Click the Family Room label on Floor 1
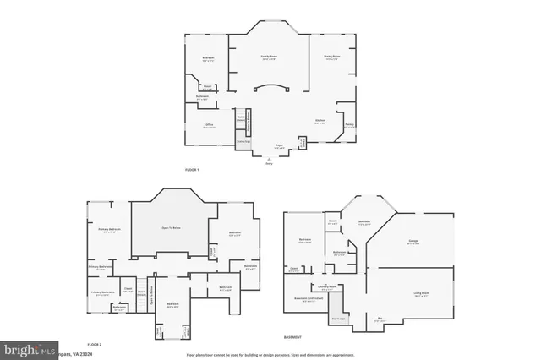pos(269,57)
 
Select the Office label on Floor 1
pos(208,125)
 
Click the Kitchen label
pos(321,121)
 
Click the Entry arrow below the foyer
pos(269,161)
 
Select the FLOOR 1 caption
pos(192,171)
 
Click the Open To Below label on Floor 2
pos(173,228)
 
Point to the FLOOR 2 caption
pos(95,345)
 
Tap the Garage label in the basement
pos(413,242)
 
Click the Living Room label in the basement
pos(420,293)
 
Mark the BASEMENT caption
pos(294,336)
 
